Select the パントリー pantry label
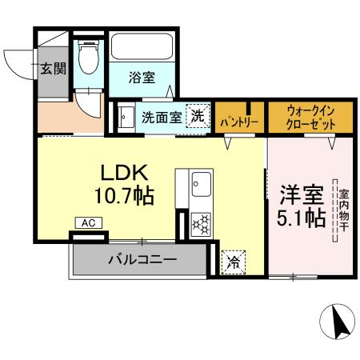tap(238, 122)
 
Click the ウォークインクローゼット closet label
tap(310, 117)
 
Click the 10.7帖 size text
tap(123, 194)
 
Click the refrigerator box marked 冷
tap(234, 260)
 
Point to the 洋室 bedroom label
tap(301, 194)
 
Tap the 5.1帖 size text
tap(301, 217)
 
